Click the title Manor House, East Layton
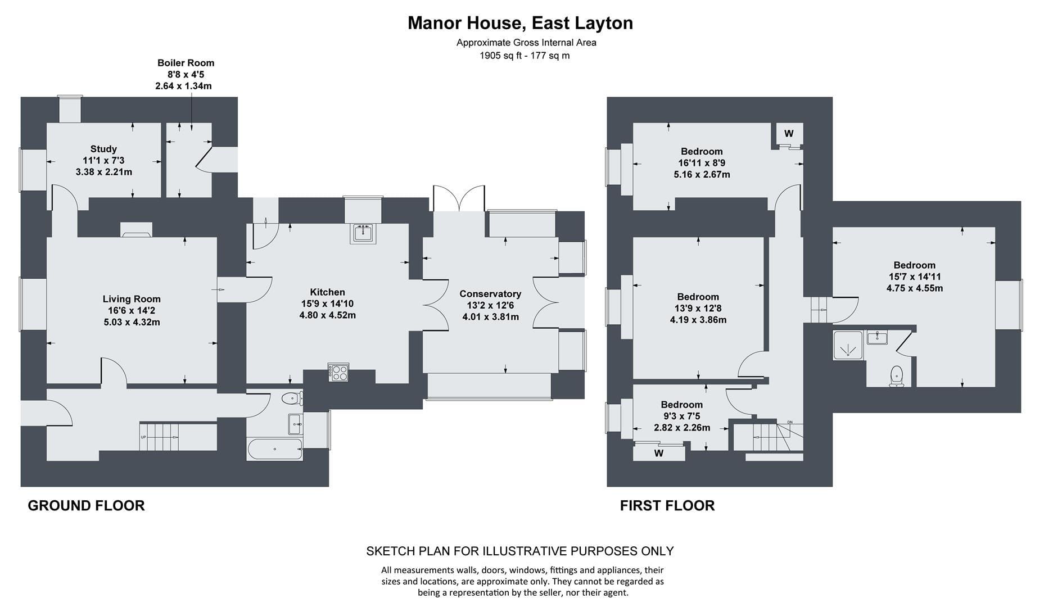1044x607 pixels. (520, 23)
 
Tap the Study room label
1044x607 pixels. (103, 149)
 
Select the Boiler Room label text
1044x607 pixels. (186, 63)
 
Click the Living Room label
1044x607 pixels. (132, 299)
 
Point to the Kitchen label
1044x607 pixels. (327, 292)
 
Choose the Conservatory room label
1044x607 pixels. (490, 294)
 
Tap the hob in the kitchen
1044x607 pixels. (339, 373)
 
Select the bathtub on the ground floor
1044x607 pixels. (275, 449)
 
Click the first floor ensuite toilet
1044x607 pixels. (897, 376)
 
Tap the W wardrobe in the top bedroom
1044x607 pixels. (789, 134)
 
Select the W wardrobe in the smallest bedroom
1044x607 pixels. (659, 453)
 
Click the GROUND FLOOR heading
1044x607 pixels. (86, 506)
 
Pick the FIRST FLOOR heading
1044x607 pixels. (667, 506)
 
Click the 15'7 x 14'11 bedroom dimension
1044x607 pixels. (914, 277)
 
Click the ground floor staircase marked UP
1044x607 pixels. (160, 437)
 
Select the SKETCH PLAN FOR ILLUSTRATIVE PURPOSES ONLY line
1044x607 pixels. (520, 551)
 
